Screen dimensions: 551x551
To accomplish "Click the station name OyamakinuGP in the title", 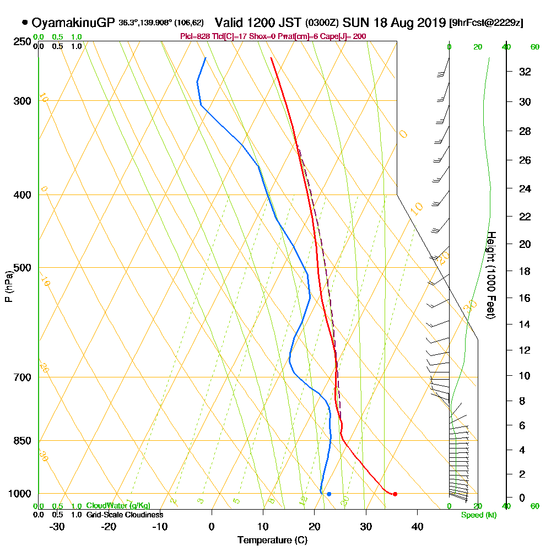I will [73, 23].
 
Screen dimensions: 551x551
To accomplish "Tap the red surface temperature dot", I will [395, 494].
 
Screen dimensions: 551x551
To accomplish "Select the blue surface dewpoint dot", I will [329, 494].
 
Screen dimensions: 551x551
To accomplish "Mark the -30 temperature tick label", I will [57, 526].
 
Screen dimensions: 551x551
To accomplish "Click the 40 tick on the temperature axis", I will [417, 526].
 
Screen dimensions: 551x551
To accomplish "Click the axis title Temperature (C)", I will [272, 541].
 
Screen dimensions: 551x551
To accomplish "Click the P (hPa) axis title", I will [8, 286].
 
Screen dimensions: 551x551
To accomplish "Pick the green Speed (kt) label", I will [477, 515].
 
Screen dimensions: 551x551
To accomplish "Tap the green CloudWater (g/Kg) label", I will [118, 506].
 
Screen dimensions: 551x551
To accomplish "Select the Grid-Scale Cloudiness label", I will [124, 515].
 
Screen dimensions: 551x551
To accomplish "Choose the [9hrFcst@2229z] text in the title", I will [487, 23].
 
